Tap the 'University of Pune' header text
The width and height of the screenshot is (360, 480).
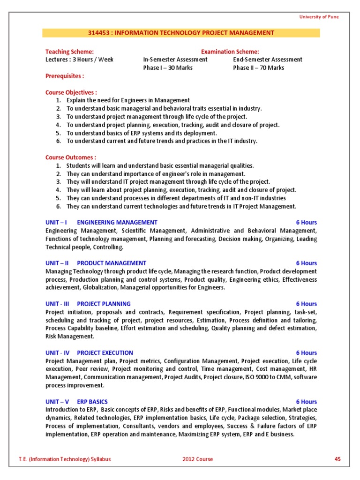[319, 17]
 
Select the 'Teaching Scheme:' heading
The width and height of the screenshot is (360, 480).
[69, 52]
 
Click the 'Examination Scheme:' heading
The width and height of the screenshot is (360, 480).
[230, 52]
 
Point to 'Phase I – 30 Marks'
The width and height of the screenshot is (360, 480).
[167, 67]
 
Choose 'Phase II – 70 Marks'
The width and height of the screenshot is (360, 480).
[258, 67]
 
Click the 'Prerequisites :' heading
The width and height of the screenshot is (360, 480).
[65, 76]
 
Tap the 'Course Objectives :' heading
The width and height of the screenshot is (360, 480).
[71, 92]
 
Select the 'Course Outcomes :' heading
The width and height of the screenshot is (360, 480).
[71, 157]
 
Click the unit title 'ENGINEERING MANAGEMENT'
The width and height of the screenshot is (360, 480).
[117, 222]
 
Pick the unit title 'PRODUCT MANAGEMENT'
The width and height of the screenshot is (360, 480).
[111, 263]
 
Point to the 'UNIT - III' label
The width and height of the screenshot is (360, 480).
[57, 304]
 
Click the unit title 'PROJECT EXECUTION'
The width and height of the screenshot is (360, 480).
[105, 352]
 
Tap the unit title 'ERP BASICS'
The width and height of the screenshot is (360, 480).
[92, 402]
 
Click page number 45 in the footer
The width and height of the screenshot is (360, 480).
[337, 459]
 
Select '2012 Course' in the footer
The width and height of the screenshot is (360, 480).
[197, 459]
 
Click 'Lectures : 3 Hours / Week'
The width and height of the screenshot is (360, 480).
[79, 60]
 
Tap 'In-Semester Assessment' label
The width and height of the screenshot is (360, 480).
[175, 60]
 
